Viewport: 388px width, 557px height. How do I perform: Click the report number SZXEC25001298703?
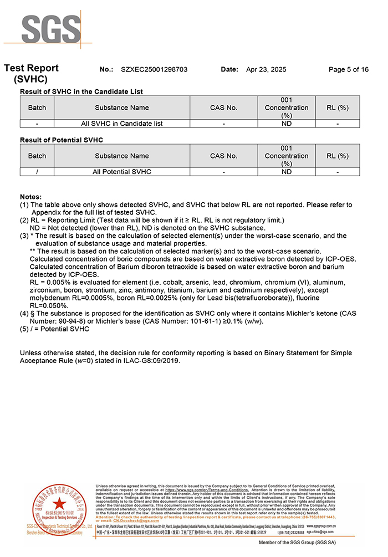[x=154, y=69]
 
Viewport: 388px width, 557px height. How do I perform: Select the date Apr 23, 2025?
[x=266, y=69]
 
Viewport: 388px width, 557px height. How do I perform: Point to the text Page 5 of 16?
[x=348, y=69]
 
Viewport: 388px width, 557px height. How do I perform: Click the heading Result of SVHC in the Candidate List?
[x=81, y=91]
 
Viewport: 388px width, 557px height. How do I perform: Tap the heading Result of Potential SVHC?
[x=62, y=140]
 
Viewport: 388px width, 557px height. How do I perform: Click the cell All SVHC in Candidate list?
[x=122, y=124]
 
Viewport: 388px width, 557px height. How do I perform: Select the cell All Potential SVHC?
[x=122, y=172]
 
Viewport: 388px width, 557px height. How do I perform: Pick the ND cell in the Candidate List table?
[x=287, y=124]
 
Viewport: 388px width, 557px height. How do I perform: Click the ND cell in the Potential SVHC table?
[x=287, y=172]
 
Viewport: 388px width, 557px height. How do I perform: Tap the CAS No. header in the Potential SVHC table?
[x=223, y=156]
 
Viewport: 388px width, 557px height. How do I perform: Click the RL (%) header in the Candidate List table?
[x=338, y=108]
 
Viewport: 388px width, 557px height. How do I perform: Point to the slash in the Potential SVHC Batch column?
[x=37, y=172]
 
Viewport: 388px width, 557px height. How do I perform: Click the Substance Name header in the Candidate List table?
[x=122, y=108]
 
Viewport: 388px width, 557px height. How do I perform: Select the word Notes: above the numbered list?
[x=30, y=197]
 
